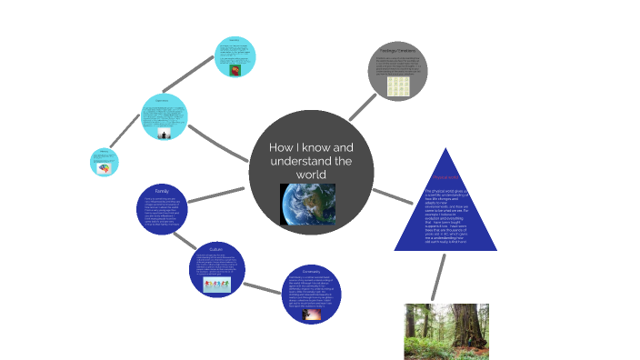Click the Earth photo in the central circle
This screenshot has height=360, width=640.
(307, 203)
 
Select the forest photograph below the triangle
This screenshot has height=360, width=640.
(445, 331)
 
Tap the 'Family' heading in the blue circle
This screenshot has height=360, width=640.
(162, 191)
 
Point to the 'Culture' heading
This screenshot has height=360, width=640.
(216, 248)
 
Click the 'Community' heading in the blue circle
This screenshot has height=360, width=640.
(312, 271)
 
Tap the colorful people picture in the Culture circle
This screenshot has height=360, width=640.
(216, 285)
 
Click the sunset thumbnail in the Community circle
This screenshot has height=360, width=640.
(312, 315)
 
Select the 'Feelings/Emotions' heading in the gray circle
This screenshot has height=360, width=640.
(396, 50)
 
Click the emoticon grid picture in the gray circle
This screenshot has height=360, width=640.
(397, 86)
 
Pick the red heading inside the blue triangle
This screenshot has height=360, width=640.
(445, 177)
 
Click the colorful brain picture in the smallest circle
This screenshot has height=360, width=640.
(105, 167)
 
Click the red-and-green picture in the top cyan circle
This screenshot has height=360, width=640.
(235, 69)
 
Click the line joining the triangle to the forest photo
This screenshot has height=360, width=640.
(438, 276)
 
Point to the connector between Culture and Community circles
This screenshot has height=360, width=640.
(264, 287)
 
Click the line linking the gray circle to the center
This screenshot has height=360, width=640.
(364, 105)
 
